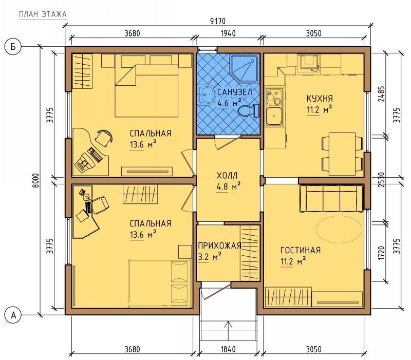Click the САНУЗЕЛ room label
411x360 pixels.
235,92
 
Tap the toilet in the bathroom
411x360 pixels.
248,110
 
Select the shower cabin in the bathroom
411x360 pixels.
245,68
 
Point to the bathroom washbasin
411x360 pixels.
206,94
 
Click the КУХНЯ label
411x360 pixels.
320,99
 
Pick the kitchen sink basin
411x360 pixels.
274,116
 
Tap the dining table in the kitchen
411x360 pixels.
342,154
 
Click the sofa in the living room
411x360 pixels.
331,198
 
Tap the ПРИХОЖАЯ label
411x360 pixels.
219,246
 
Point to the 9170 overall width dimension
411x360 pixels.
218,21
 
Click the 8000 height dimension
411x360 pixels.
36,180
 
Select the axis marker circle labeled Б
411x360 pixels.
13,47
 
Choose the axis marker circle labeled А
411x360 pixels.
13,315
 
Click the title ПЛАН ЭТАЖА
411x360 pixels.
43,14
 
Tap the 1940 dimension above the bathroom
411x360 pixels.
228,33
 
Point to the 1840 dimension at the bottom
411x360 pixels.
228,349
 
